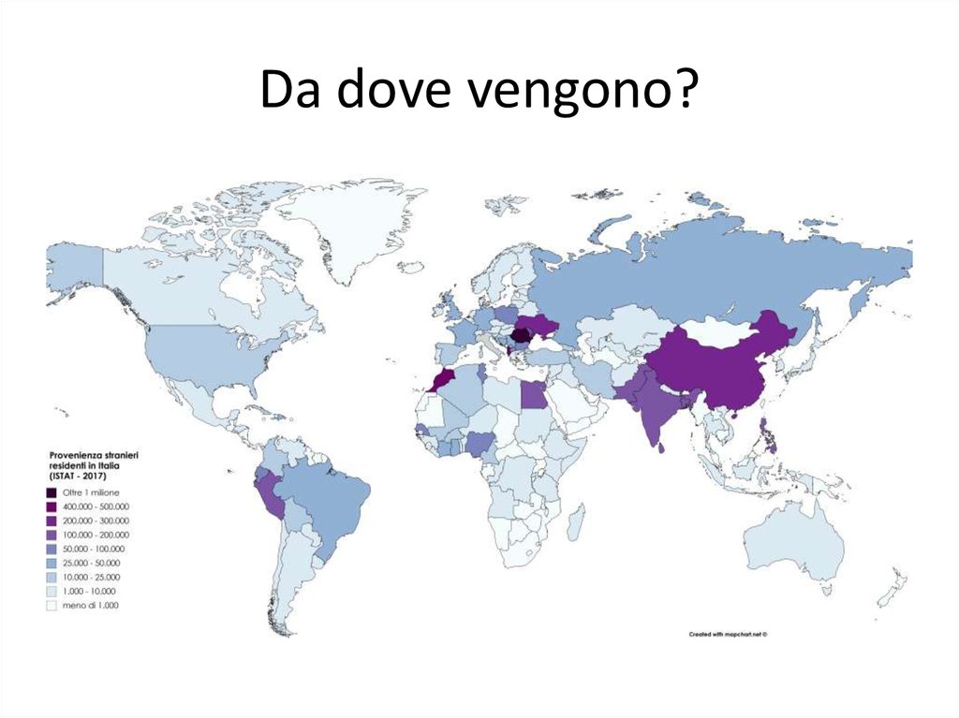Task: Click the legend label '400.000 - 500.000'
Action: [96, 506]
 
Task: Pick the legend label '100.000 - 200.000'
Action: [96, 535]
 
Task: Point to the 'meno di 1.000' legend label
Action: [90, 606]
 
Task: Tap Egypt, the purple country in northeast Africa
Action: [533, 395]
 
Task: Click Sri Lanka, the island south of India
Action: [664, 447]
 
